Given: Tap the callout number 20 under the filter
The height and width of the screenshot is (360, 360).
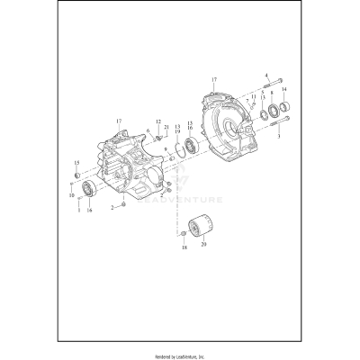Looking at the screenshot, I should [x=204, y=244].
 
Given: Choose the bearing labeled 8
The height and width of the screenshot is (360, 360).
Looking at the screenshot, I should [x=271, y=112].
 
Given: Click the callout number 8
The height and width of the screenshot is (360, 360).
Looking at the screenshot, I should [x=271, y=94].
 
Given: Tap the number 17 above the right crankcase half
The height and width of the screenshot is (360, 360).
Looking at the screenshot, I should [x=213, y=80].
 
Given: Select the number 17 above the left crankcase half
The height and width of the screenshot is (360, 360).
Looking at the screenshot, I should [x=119, y=120].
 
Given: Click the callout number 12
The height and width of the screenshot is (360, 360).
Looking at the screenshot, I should [x=157, y=121].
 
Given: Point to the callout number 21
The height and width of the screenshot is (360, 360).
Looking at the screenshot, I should [x=166, y=129].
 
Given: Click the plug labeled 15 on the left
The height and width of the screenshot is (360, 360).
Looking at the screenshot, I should [x=78, y=173].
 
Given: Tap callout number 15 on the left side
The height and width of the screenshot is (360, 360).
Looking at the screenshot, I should [x=76, y=162].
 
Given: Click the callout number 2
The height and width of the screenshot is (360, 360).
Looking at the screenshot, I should [x=112, y=207].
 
